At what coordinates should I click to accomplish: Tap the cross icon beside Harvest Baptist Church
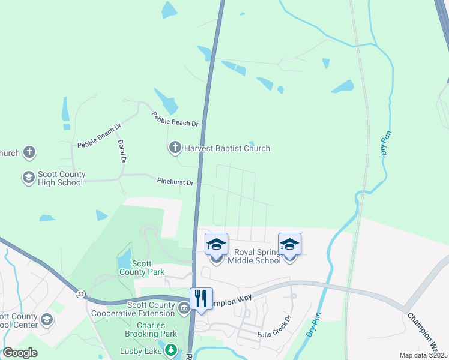tap(175, 148)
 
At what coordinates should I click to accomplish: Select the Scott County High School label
tap(61, 178)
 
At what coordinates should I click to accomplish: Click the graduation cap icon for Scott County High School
tap(28, 178)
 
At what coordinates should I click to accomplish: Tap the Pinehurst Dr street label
tap(175, 181)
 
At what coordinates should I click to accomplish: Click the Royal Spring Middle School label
tap(257, 256)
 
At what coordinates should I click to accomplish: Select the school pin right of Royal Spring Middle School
tap(289, 245)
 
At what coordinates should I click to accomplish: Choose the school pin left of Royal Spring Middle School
tap(216, 245)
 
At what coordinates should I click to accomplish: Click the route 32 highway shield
tap(80, 293)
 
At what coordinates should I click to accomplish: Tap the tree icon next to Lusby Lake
tap(171, 349)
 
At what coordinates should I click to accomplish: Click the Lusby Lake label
tap(142, 350)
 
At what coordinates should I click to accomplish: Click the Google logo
tap(20, 353)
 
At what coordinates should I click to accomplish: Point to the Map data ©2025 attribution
tap(423, 355)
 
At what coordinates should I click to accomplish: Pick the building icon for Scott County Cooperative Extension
tap(184, 305)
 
